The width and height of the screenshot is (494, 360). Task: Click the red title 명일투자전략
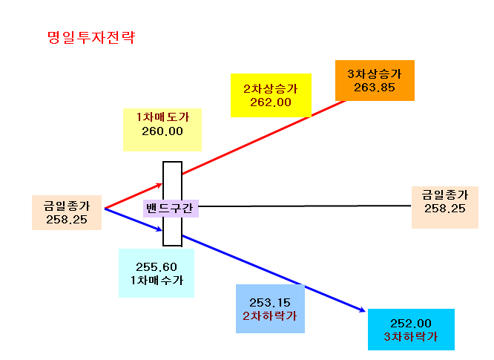point(91,38)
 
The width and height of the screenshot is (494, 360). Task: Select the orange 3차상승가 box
point(375,80)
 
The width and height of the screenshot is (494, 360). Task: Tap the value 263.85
point(375,88)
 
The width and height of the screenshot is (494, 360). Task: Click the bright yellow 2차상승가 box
point(271,95)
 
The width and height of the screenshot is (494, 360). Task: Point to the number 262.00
point(271,102)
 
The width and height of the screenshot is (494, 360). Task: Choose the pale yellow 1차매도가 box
point(162,130)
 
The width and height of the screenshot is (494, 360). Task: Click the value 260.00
point(162,131)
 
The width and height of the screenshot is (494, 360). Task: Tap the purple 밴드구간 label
point(171,209)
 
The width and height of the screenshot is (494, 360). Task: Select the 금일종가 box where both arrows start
point(67,212)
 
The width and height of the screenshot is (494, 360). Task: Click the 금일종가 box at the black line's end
point(445,207)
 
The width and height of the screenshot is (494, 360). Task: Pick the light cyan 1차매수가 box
point(157,273)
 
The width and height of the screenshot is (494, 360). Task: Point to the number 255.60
point(157,267)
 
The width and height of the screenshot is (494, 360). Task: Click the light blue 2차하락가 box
point(270,309)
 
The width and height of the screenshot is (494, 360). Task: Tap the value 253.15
point(270,303)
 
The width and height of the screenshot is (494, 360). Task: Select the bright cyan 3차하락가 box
point(411,330)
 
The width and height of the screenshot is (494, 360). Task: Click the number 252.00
point(411,324)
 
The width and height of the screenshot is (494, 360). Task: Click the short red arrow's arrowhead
point(160,185)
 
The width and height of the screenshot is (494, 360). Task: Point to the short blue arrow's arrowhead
point(160,230)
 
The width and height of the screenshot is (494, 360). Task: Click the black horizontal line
point(305,206)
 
